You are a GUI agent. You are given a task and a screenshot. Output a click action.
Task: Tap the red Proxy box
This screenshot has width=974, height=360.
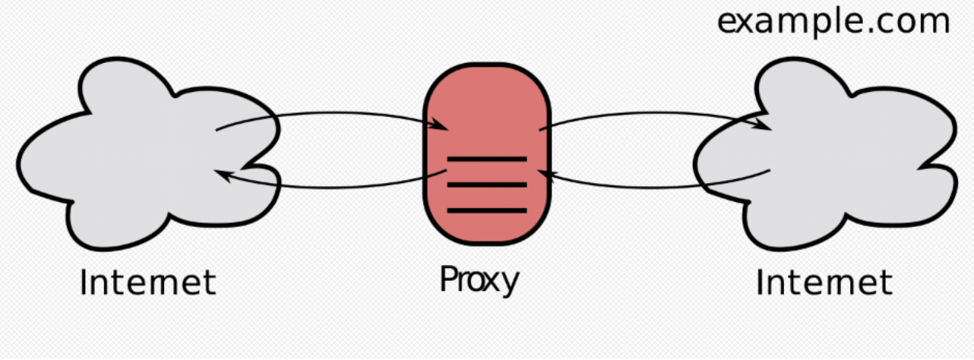pos(486,106)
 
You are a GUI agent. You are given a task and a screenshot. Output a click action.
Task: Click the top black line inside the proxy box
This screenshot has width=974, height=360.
pos(486,159)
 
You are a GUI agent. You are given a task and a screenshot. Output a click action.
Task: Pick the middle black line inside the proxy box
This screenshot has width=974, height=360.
pos(486,185)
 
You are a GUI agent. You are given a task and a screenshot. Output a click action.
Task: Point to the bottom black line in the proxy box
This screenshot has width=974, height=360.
pos(486,210)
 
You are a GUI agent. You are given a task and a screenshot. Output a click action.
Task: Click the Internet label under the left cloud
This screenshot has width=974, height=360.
pos(148,283)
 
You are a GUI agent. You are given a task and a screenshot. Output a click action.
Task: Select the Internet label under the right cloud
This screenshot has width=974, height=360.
pos(824,283)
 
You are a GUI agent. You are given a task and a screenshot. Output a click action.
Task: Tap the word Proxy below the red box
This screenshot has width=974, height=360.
pos(479,280)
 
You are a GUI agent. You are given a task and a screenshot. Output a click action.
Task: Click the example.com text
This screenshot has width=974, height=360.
pos(833,21)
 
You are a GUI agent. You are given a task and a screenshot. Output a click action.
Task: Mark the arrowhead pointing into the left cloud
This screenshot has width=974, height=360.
pos(222,175)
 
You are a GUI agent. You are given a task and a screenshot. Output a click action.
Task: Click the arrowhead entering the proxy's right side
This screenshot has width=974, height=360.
pos(544,175)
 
